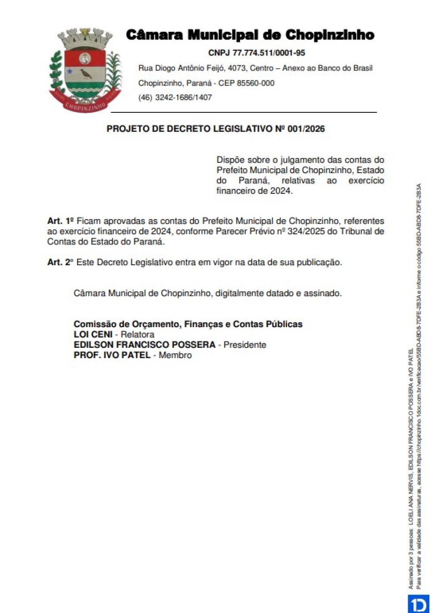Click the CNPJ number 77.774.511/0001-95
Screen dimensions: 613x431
(x=269, y=53)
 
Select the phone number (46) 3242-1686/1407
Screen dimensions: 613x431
(x=175, y=97)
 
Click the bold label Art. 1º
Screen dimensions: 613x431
(x=61, y=221)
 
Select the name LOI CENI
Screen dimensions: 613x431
(x=93, y=334)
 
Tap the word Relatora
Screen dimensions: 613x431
(x=137, y=334)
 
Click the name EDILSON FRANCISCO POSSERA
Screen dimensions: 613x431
(x=144, y=345)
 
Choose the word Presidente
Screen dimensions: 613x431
(x=245, y=345)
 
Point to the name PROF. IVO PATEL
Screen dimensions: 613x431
(x=112, y=355)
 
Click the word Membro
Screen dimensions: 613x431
(x=175, y=355)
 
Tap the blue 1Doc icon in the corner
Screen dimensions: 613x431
(x=418, y=604)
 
